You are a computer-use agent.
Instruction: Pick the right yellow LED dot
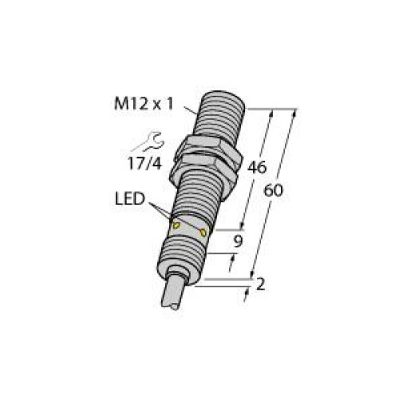point(205,232)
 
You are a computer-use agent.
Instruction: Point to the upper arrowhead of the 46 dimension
point(276,113)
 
